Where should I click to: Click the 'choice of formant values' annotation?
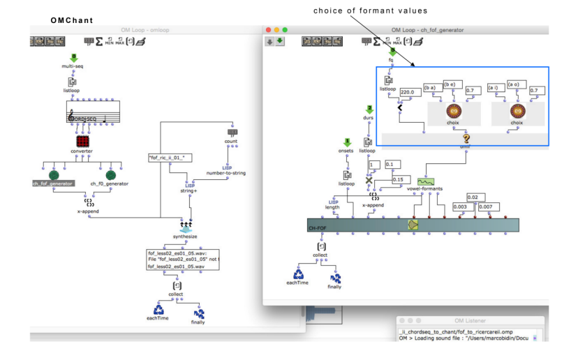click(x=370, y=10)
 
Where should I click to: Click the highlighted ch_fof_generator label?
click(x=52, y=183)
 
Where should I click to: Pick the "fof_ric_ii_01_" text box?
click(x=170, y=158)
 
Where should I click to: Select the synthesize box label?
click(x=185, y=237)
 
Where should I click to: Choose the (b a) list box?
click(x=431, y=87)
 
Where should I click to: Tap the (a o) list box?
click(x=517, y=84)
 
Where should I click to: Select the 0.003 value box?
click(x=460, y=207)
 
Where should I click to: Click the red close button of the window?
click(x=269, y=30)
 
